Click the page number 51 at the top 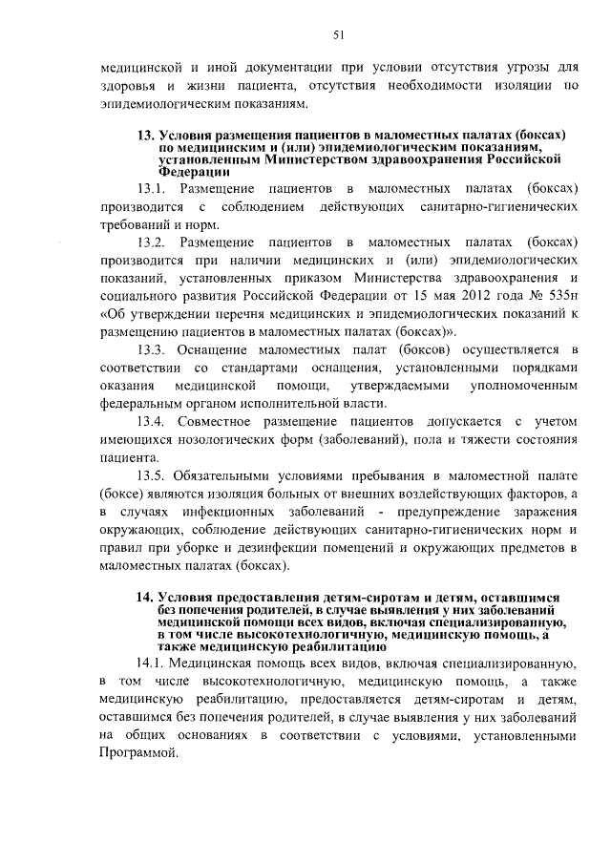point(338,35)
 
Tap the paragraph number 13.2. point(152,242)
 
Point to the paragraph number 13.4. point(152,423)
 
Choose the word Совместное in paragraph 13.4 point(216,423)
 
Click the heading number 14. point(145,597)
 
